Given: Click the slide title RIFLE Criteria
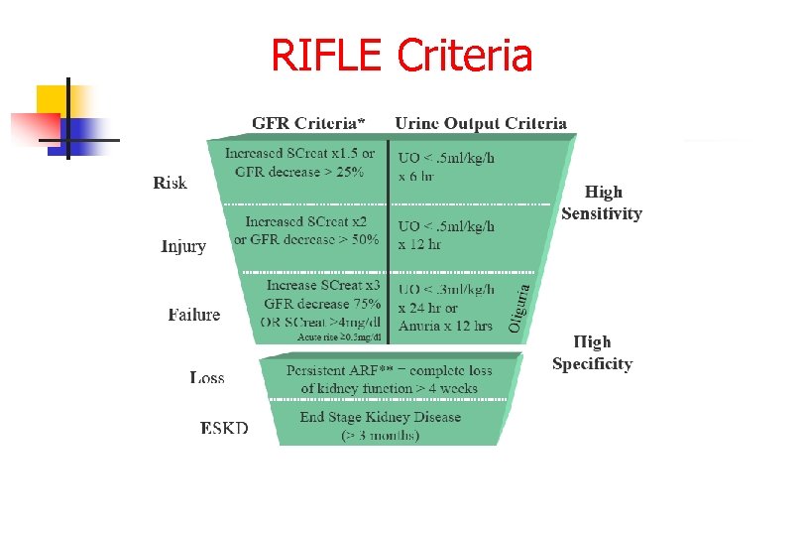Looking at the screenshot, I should [x=401, y=56].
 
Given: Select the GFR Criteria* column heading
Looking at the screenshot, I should [x=308, y=123].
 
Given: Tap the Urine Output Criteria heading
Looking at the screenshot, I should [x=481, y=123].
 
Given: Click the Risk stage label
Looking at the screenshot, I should [x=170, y=183].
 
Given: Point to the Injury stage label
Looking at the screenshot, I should [x=183, y=246].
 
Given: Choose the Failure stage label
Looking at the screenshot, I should [x=194, y=315].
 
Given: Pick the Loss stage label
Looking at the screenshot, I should [x=207, y=377].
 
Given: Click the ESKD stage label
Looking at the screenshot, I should [x=224, y=428].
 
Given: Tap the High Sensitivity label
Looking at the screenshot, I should [x=602, y=202].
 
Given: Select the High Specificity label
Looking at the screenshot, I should [x=592, y=352].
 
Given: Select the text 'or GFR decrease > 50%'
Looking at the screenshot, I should [x=306, y=239].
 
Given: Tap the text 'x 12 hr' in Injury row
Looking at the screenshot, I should [x=420, y=244].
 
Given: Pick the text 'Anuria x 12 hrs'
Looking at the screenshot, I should [x=445, y=326].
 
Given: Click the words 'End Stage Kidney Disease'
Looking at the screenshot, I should [x=381, y=417].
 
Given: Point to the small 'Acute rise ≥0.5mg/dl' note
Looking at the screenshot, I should [x=339, y=337].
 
